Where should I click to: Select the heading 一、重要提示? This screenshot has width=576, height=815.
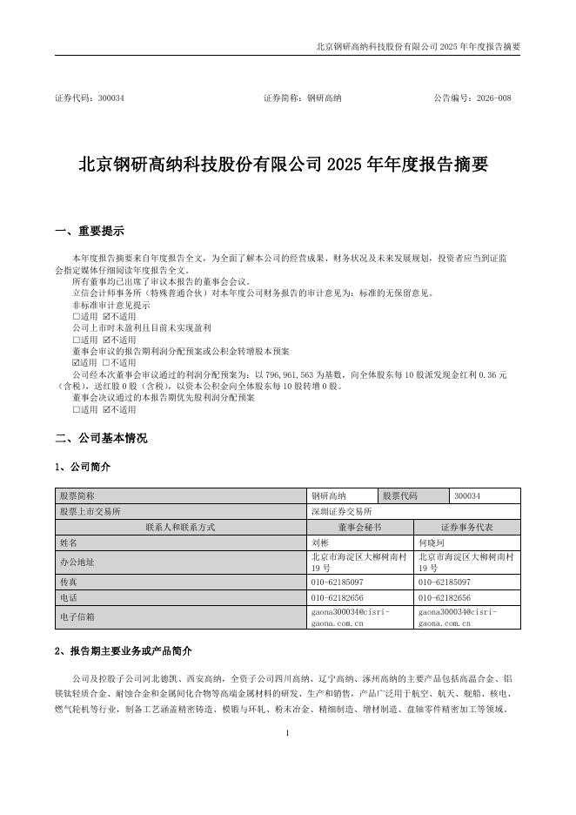[x=90, y=232]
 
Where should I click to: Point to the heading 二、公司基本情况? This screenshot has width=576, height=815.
[x=101, y=438]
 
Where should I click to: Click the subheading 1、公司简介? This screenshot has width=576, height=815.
[x=83, y=468]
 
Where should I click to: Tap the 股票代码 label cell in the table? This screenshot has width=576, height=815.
[x=401, y=495]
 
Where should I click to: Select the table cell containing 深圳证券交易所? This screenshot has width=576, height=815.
[x=341, y=511]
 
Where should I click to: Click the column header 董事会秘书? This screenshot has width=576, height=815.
[x=360, y=527]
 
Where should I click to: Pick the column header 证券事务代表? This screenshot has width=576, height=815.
[x=467, y=527]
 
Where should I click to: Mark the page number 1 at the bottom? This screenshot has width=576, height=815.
[x=287, y=734]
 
